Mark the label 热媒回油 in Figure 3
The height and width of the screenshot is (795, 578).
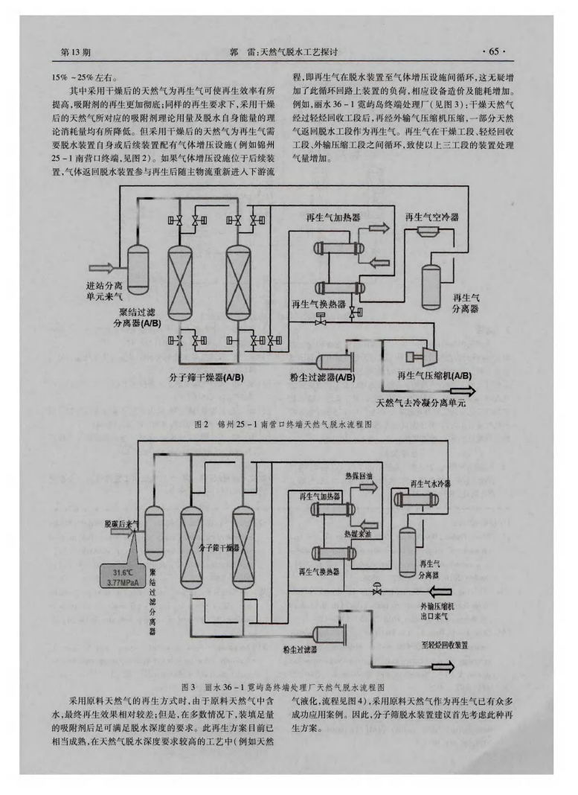pos(358,475)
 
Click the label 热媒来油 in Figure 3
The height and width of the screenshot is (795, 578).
pos(357,534)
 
